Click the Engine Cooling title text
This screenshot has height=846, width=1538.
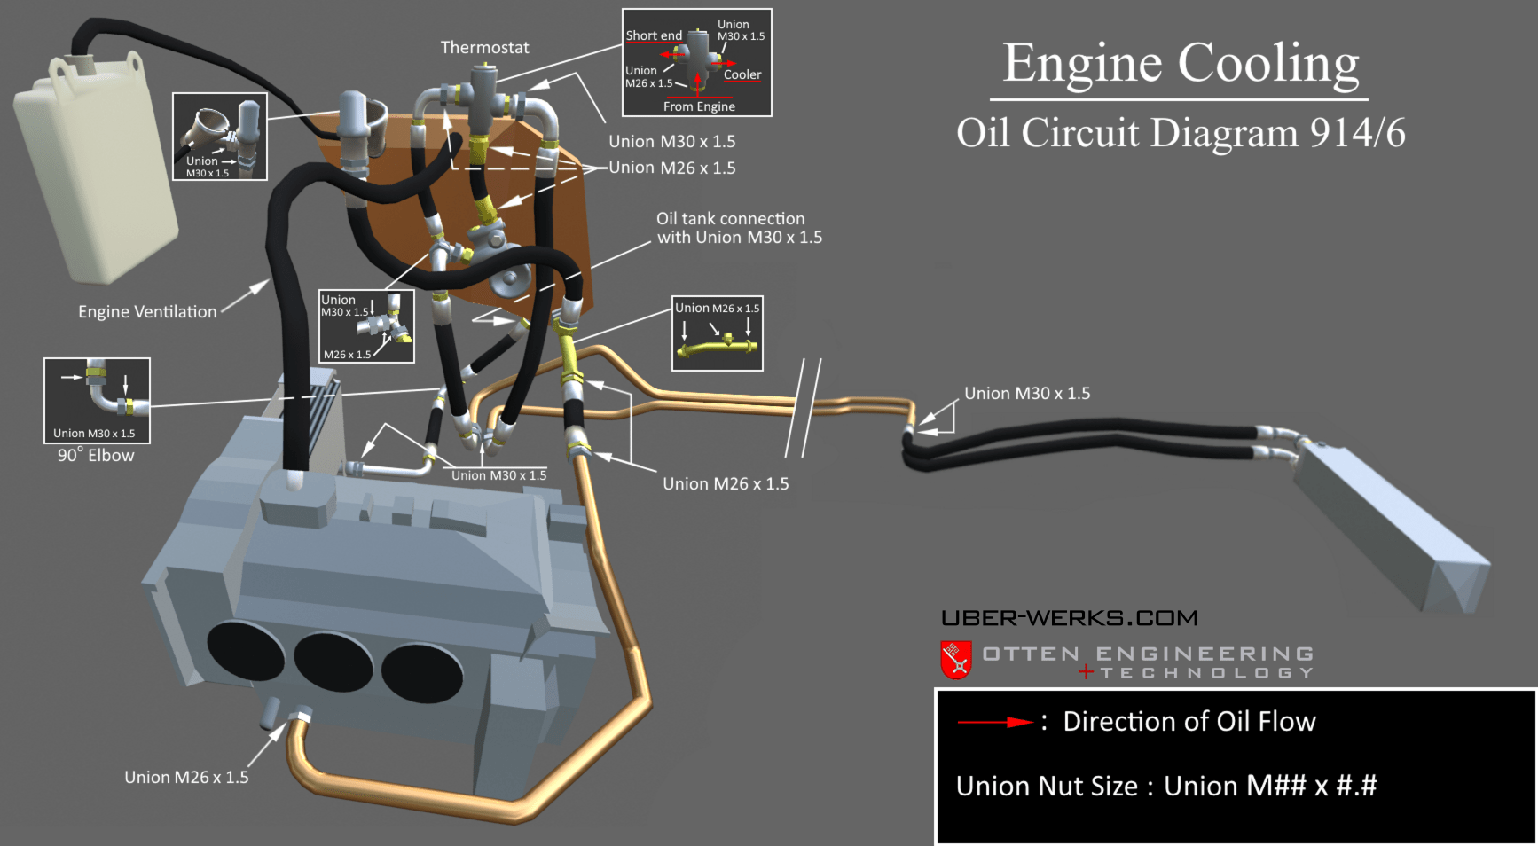click(x=1181, y=64)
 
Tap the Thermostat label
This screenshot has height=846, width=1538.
click(x=484, y=48)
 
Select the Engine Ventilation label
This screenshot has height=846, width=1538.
click(x=147, y=312)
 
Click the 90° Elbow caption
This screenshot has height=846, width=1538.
click(x=96, y=456)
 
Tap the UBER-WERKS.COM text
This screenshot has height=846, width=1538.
click(x=1069, y=618)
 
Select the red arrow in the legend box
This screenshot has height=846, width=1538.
click(x=994, y=723)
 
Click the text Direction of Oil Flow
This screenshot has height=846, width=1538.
click(x=1189, y=722)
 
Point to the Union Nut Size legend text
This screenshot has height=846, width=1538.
click(x=1165, y=787)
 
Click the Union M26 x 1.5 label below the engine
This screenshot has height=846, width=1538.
click(x=186, y=778)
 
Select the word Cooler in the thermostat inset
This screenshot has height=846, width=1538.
click(x=742, y=75)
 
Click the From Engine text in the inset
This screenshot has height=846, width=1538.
click(x=699, y=106)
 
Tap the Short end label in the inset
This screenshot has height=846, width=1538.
click(x=654, y=36)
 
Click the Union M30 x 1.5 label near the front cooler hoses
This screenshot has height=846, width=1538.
click(x=1027, y=394)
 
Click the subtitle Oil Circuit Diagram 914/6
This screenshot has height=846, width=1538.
click(x=1181, y=134)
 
